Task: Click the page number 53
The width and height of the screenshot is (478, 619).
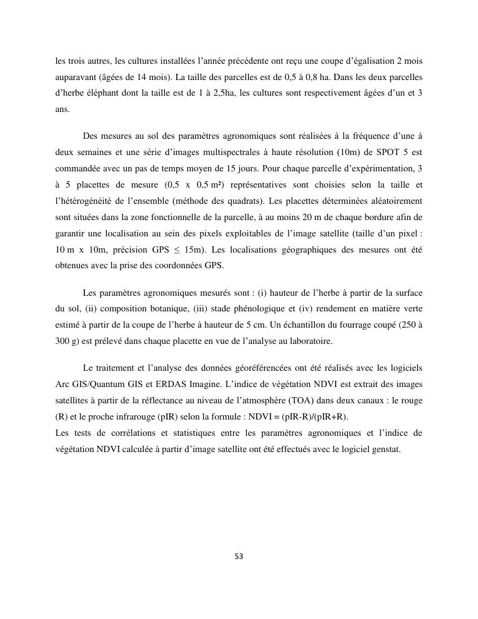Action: point(239,556)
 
